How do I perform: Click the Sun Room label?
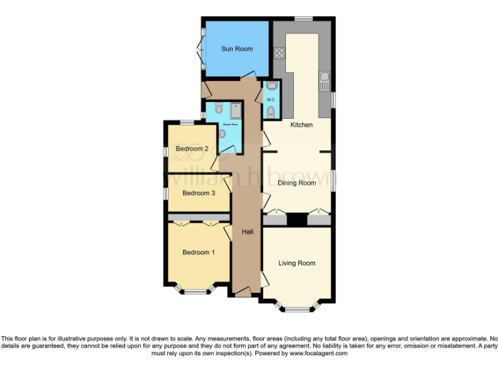coord(237,49)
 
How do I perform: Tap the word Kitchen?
coord(301,125)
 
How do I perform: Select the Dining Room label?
coord(297,183)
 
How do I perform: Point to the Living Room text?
coord(297,263)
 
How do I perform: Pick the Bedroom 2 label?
coord(192,149)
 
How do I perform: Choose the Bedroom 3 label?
coord(198,193)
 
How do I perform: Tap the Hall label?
coord(248,232)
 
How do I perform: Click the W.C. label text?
coord(271,99)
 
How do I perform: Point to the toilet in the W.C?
coord(271,112)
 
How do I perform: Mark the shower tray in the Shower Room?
coord(235,110)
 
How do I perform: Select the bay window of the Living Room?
coord(298,307)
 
